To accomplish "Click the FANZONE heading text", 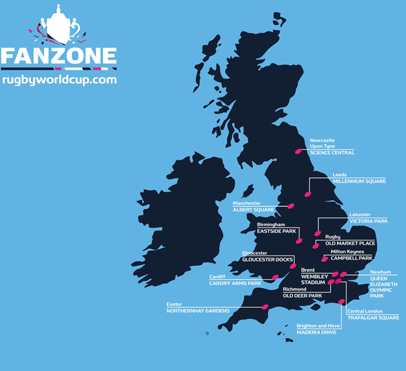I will pyautogui.click(x=59, y=56).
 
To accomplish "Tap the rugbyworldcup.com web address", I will pyautogui.click(x=59, y=80).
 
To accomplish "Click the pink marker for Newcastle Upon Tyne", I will pyautogui.click(x=299, y=151).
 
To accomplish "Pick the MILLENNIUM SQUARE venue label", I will pyautogui.click(x=359, y=181).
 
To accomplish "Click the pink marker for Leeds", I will pyautogui.click(x=308, y=194).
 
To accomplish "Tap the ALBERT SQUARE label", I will pyautogui.click(x=253, y=210).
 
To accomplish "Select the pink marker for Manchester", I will pyautogui.click(x=291, y=206).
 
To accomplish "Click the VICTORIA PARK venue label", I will pyautogui.click(x=368, y=222).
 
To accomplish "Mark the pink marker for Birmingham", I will pyautogui.click(x=299, y=241).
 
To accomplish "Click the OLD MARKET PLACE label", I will pyautogui.click(x=350, y=243).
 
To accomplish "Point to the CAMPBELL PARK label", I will pyautogui.click(x=351, y=258).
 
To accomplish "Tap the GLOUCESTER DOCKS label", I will pyautogui.click(x=267, y=260).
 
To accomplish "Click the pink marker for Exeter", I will pyautogui.click(x=265, y=306).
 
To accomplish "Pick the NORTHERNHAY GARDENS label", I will pyautogui.click(x=198, y=311).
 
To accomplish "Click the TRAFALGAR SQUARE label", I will pyautogui.click(x=373, y=318).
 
